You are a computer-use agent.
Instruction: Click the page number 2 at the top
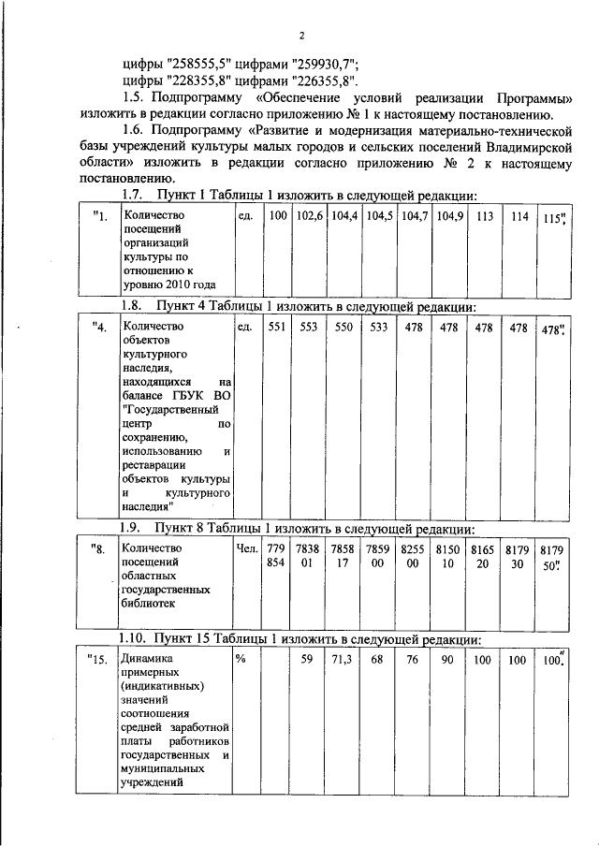click(x=302, y=37)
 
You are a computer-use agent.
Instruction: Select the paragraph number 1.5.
click(x=138, y=97)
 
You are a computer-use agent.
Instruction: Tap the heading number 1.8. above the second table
click(x=137, y=306)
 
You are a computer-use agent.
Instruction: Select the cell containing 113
click(x=484, y=215)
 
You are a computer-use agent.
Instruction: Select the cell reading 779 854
click(x=276, y=555)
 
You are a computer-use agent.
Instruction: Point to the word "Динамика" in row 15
click(x=147, y=659)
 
